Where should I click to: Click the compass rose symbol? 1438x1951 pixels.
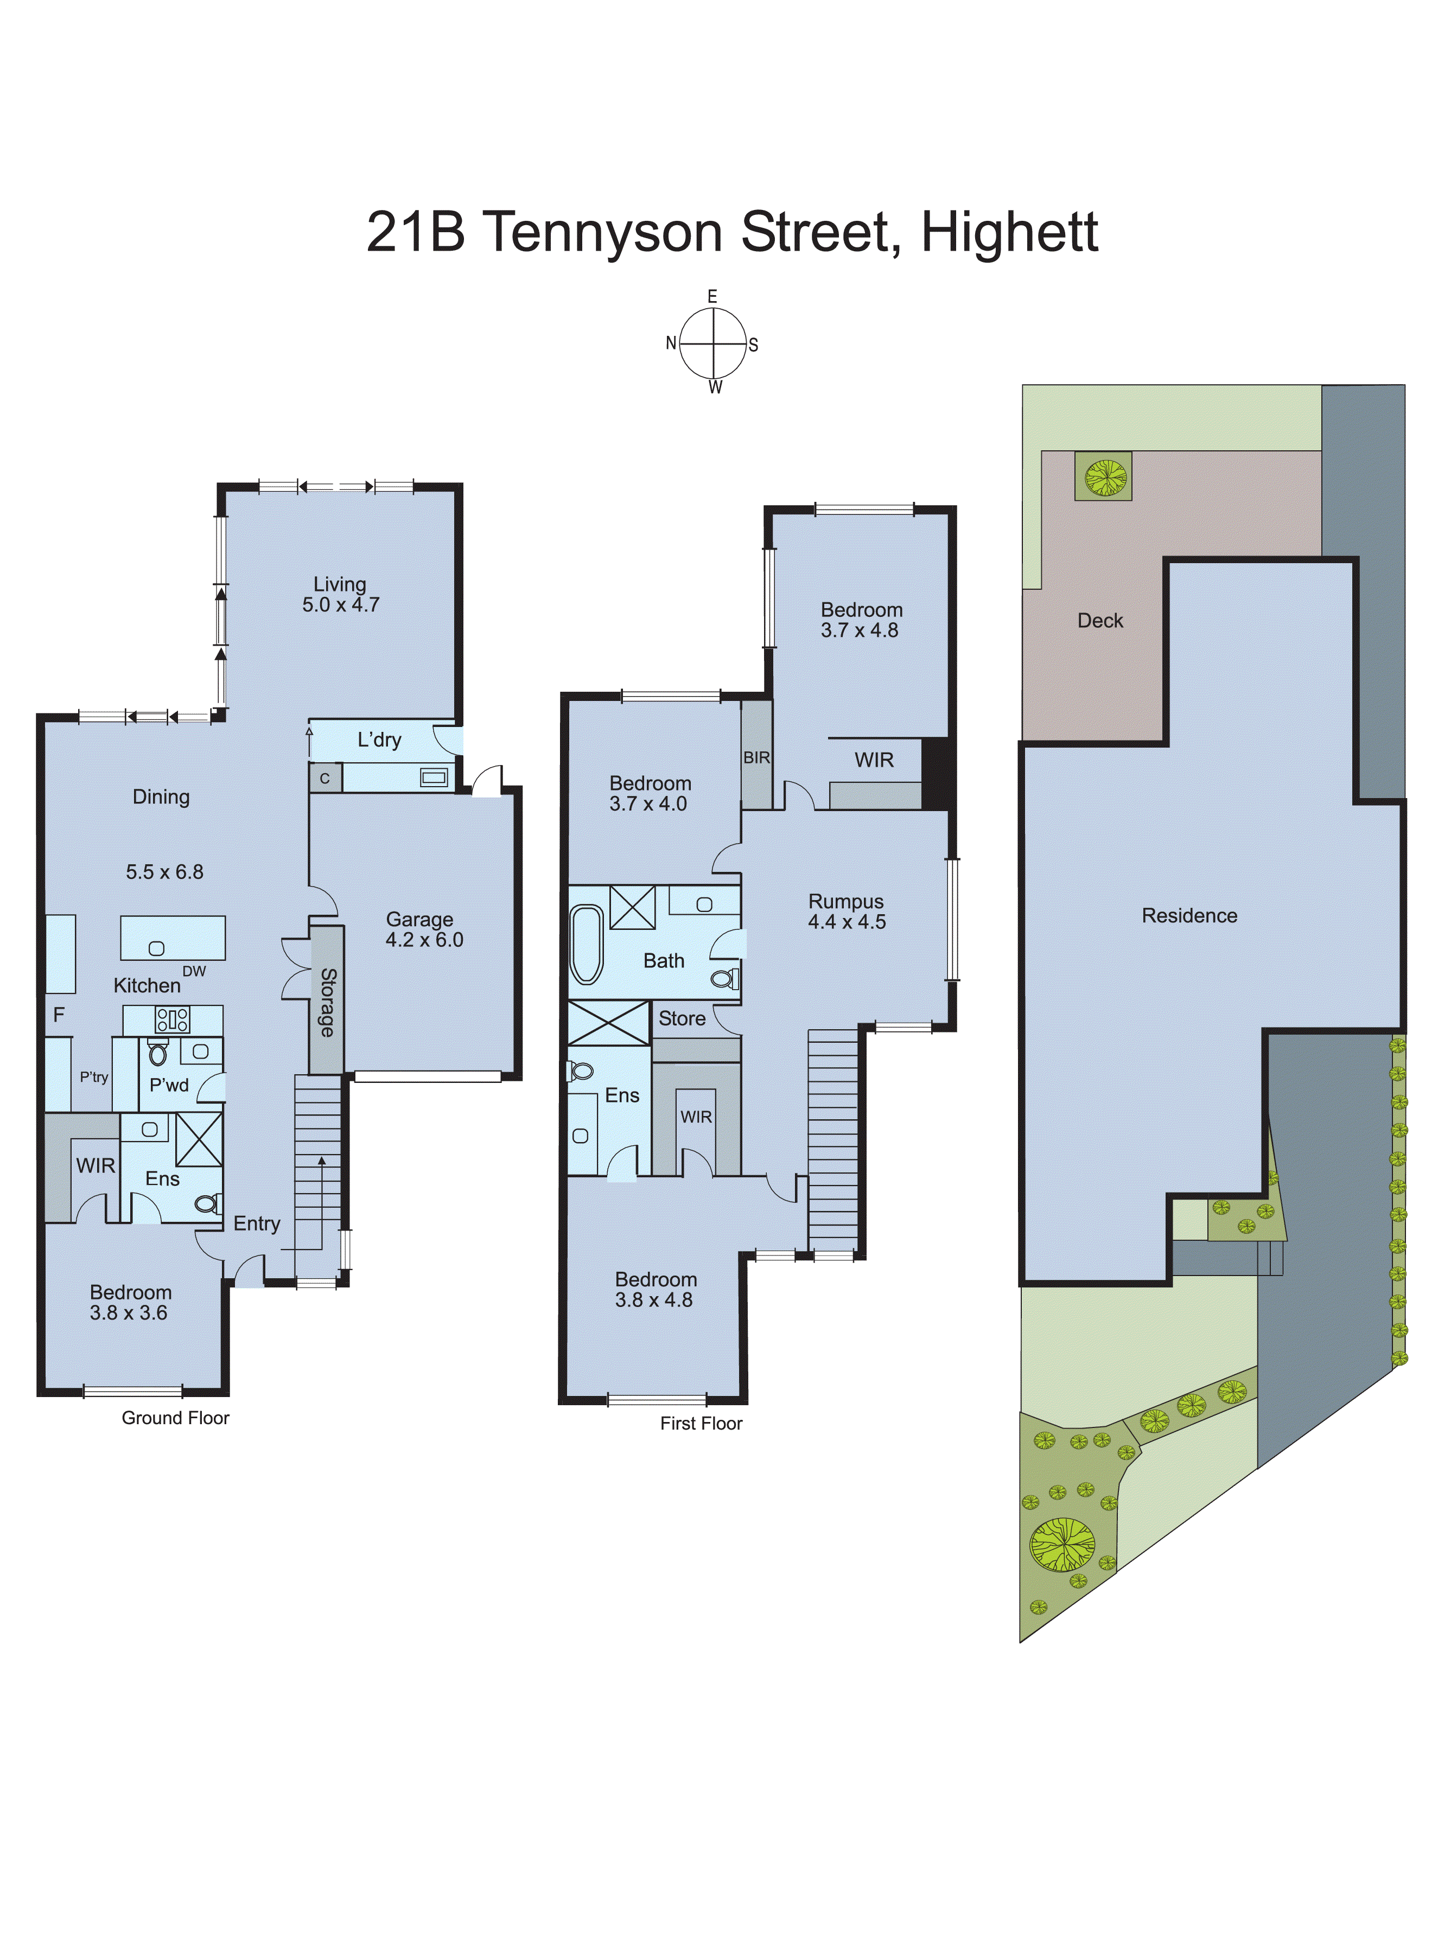click(x=713, y=344)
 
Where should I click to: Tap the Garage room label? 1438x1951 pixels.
click(x=419, y=919)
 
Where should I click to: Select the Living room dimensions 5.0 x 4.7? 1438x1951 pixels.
click(x=340, y=605)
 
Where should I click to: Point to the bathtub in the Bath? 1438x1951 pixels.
click(x=587, y=944)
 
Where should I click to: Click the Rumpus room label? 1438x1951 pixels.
click(x=845, y=902)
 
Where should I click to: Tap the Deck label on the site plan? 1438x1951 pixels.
click(x=1100, y=621)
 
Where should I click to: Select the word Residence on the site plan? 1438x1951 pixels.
click(x=1189, y=915)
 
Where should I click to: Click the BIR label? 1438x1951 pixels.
click(x=756, y=758)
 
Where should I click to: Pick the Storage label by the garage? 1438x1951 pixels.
click(x=327, y=1002)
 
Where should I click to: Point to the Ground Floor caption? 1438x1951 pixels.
click(x=175, y=1418)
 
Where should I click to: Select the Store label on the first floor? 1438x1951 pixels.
click(x=682, y=1018)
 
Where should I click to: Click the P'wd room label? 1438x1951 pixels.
click(x=169, y=1085)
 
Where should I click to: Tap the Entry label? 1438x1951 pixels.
click(x=257, y=1223)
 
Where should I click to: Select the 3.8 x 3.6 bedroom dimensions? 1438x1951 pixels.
click(x=129, y=1312)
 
